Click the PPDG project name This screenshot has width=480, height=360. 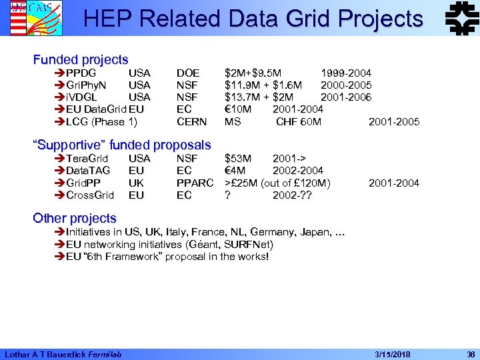[81, 73]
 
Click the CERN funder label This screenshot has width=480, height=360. [192, 121]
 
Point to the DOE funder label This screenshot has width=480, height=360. [188, 73]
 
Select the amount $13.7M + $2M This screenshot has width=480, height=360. [261, 97]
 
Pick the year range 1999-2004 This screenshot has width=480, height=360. [346, 73]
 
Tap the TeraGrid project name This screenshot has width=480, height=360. [87, 159]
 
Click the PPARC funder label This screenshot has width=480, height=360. [195, 183]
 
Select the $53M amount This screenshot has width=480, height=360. [238, 159]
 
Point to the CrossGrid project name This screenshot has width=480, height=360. [90, 195]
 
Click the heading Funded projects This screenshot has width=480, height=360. [81, 60]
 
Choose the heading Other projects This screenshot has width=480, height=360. [75, 218]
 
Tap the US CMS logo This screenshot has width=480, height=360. [27, 17]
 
